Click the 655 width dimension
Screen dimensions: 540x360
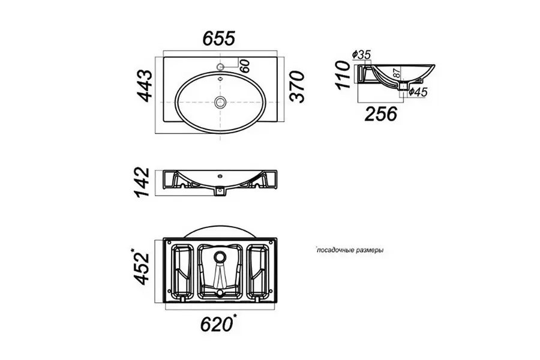(219, 38)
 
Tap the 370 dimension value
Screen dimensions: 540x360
(297, 86)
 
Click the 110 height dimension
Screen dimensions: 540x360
(344, 75)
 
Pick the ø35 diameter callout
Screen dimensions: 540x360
(361, 55)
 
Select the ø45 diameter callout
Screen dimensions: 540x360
(418, 92)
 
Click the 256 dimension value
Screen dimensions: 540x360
(381, 113)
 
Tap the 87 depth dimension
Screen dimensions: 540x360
(397, 73)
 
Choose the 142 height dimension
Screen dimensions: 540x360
(142, 182)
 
